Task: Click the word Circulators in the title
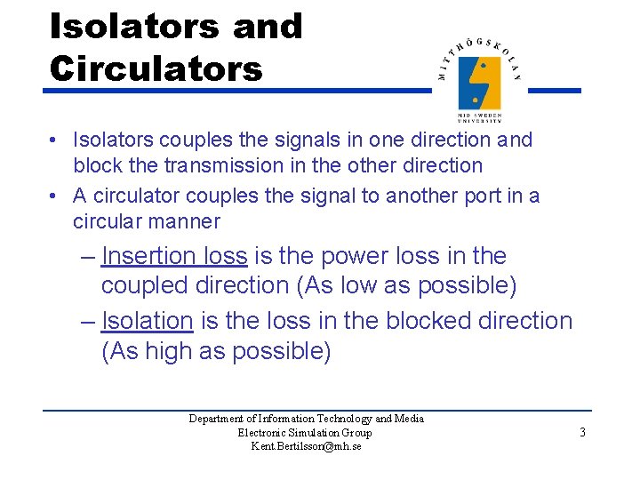[156, 68]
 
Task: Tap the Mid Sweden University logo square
[479, 82]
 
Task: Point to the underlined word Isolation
[148, 320]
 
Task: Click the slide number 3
[582, 433]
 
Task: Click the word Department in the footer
[217, 419]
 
